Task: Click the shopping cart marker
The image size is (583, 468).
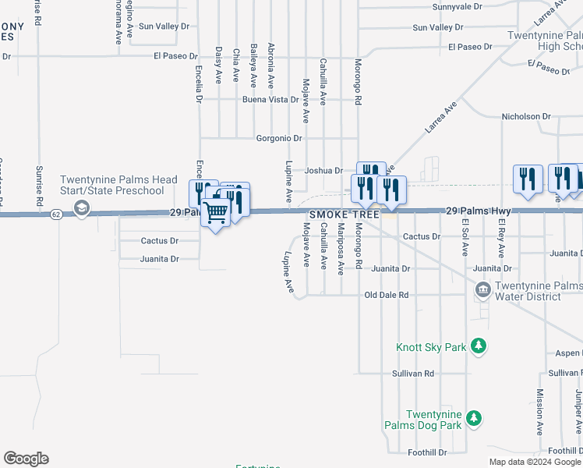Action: tap(216, 211)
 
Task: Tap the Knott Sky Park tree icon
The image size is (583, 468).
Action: tap(480, 345)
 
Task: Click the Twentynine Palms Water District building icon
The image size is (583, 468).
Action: tap(483, 291)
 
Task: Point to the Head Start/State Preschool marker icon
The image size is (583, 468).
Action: tap(81, 208)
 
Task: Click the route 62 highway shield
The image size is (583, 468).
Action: tap(55, 214)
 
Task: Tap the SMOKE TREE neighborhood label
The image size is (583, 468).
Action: tap(344, 214)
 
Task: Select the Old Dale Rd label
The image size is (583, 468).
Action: tap(387, 296)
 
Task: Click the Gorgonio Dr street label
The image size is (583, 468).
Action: tap(279, 138)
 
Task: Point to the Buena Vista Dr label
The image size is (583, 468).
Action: tap(270, 100)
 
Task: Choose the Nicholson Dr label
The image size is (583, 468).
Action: tap(525, 116)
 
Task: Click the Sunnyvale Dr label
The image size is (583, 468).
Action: tap(458, 6)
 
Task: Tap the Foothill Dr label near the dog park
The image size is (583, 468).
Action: tap(427, 452)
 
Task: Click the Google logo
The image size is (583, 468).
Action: tap(26, 459)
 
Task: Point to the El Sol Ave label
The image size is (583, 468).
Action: tap(465, 238)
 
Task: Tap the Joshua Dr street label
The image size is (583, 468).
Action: tap(323, 170)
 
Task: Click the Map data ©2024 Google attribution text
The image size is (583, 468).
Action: tap(534, 462)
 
